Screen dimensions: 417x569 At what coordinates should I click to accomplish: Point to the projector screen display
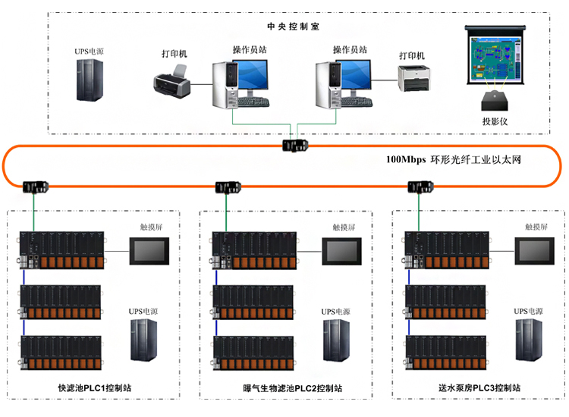point(494,58)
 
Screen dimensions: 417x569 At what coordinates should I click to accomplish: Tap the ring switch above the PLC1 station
point(35,187)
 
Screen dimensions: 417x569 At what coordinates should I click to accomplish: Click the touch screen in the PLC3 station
point(536,250)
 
